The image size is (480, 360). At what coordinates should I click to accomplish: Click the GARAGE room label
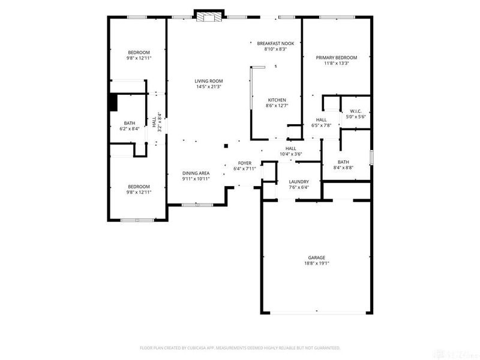pos(317,257)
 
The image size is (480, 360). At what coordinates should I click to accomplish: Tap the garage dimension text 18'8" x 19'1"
pos(317,263)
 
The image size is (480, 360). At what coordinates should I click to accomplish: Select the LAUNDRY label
pos(299,181)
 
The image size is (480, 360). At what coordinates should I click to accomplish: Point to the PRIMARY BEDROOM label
pos(337,58)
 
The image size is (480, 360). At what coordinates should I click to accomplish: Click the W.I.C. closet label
pos(356,111)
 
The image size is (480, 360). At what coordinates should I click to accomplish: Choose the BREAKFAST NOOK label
pos(275,44)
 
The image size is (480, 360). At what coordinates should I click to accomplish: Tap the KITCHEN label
pos(277,100)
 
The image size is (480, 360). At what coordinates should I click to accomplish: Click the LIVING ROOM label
pos(208,81)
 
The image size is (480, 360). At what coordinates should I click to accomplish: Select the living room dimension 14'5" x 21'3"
pos(208,86)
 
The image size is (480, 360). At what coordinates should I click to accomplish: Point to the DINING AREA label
pos(196,173)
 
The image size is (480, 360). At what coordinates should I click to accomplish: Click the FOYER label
pos(245,163)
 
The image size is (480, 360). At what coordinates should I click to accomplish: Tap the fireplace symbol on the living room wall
pos(209,16)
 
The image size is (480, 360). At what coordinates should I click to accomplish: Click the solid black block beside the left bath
pos(112,103)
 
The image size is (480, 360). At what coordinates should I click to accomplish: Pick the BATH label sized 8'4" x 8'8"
pos(343,161)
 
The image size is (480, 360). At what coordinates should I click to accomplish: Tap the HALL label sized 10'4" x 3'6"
pos(291,148)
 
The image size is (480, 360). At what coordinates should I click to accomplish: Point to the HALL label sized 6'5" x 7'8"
pos(322,119)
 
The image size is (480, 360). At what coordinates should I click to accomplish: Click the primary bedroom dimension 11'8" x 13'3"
pos(337,63)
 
